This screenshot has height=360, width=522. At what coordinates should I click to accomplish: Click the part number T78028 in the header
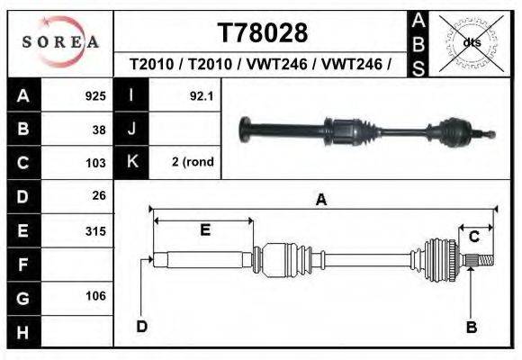(263, 33)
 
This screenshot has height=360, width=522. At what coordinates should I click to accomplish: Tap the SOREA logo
(60, 42)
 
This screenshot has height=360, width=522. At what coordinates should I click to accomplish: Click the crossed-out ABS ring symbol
(471, 42)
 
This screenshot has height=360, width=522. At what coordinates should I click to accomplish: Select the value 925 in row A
(95, 96)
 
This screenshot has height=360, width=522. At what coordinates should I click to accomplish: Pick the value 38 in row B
(99, 130)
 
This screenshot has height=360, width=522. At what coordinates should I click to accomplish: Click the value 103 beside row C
(95, 163)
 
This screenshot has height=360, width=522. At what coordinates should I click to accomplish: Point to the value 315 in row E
(95, 231)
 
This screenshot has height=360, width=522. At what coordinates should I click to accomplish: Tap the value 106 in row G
(95, 296)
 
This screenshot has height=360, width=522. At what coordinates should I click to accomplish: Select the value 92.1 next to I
(202, 96)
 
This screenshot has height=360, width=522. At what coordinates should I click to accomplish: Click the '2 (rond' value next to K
(193, 162)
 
